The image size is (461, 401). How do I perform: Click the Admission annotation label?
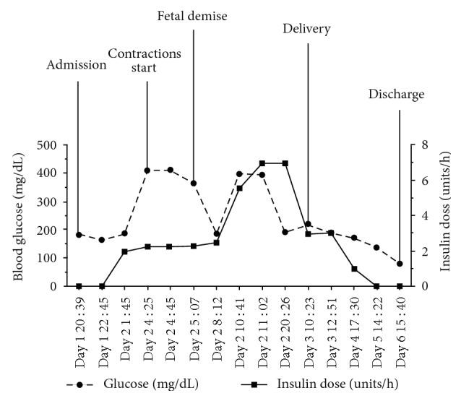click(77, 64)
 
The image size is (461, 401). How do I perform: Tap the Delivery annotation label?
click(307, 29)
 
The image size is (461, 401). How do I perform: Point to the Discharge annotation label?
click(397, 94)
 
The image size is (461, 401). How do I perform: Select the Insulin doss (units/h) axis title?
click(439, 215)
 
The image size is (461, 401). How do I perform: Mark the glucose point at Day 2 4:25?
click(147, 171)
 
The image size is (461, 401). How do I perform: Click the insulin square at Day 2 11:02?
click(262, 163)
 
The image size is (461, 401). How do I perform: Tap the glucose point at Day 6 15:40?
click(400, 264)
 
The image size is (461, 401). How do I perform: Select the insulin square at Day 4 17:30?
click(354, 269)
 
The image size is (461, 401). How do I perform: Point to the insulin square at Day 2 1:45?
click(124, 251)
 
